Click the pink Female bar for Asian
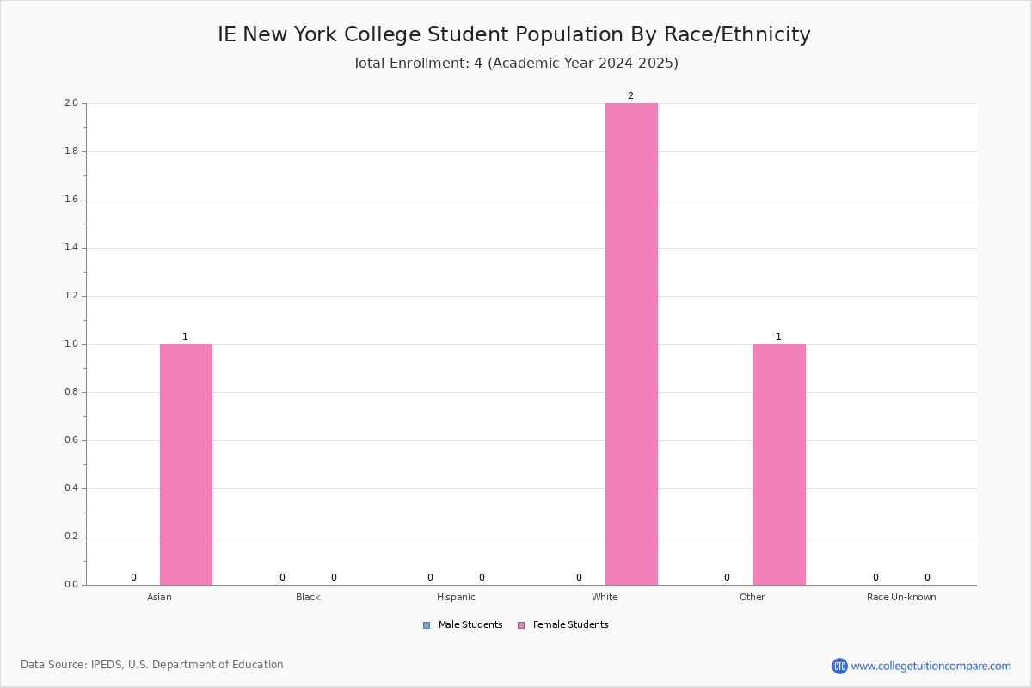(186, 464)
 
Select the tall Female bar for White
(631, 344)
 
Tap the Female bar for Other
(779, 464)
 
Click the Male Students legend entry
(463, 625)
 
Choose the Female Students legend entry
(563, 625)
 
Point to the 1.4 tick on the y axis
(71, 248)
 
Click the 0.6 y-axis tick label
(71, 440)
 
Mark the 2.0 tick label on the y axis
(71, 102)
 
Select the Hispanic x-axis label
(456, 597)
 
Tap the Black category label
(308, 597)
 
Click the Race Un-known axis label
(901, 597)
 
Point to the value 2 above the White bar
(630, 95)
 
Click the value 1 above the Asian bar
(185, 337)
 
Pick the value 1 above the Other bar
(778, 337)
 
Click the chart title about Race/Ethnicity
(513, 34)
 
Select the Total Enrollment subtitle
(515, 63)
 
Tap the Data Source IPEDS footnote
(152, 665)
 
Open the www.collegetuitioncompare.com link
(931, 666)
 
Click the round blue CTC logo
(839, 666)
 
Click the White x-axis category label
(605, 597)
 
